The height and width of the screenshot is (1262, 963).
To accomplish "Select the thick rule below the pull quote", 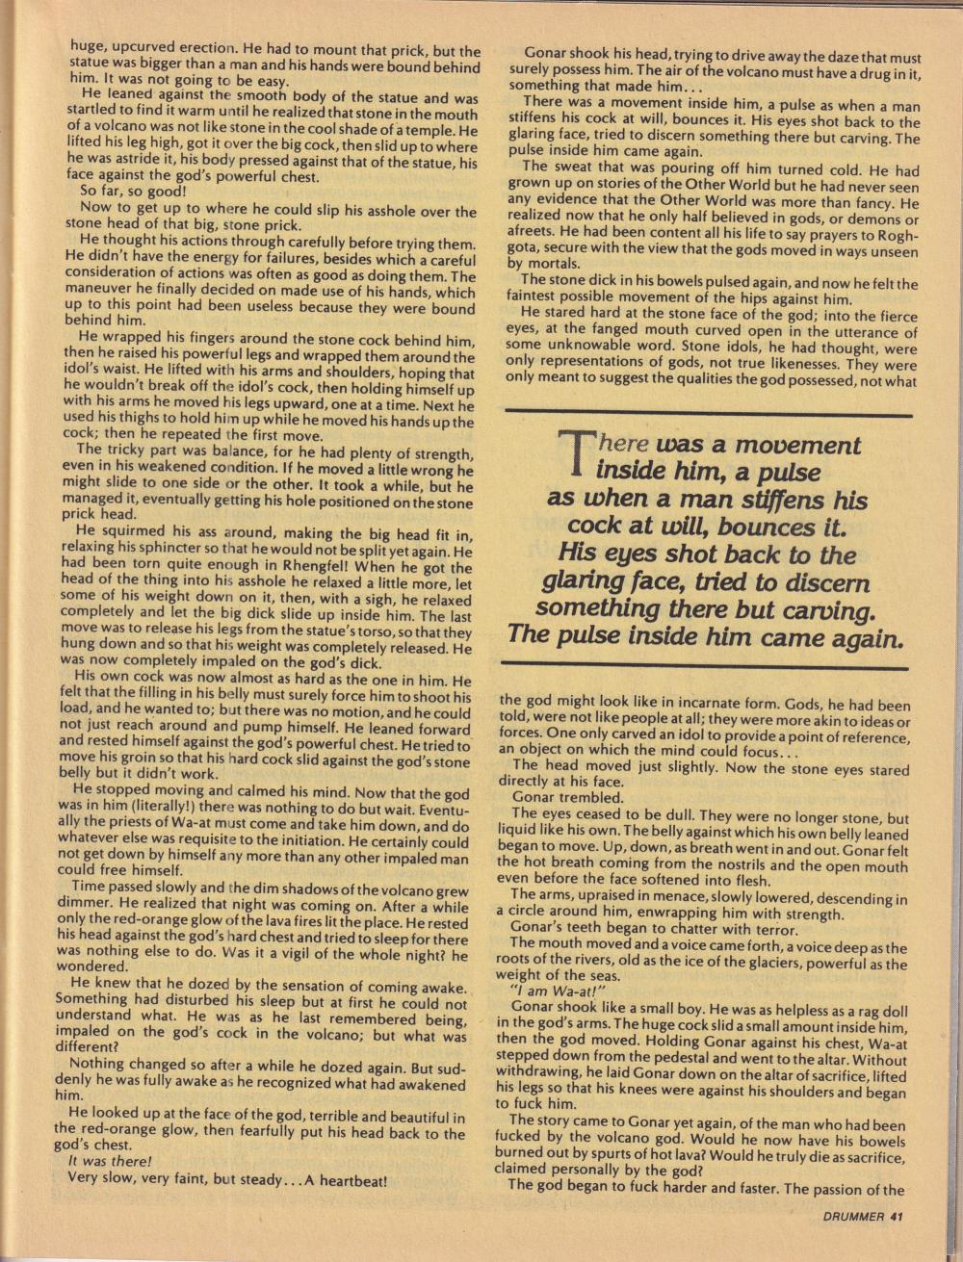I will (706, 666).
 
